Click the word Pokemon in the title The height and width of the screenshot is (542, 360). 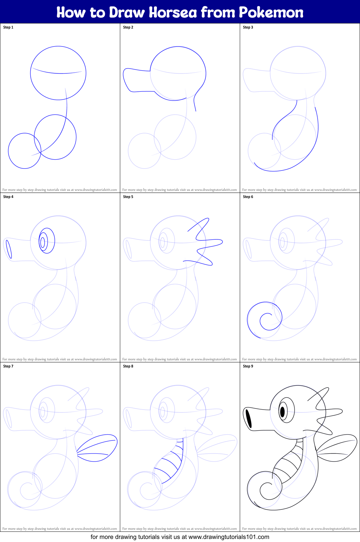[x=271, y=13]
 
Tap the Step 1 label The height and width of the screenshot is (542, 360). [x=8, y=27]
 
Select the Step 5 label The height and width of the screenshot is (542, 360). [x=128, y=197]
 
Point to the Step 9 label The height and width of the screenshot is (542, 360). [x=248, y=366]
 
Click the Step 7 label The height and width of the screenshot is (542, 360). [x=8, y=366]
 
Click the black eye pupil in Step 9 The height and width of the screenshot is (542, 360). [x=282, y=412]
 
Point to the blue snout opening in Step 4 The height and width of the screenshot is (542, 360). [x=8, y=249]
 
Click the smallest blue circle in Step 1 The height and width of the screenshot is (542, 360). [x=24, y=151]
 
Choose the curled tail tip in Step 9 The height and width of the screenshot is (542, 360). [x=267, y=489]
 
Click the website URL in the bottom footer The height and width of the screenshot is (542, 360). [x=229, y=537]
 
